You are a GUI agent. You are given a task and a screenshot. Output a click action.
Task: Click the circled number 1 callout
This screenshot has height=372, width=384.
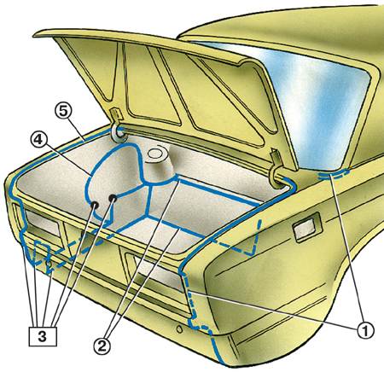[365, 330]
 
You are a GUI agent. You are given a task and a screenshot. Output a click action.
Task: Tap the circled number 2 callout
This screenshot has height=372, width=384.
[102, 346]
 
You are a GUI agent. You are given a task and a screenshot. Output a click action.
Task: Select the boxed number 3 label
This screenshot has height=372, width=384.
[43, 337]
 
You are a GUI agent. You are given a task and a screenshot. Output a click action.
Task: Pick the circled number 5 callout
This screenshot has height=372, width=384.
[63, 112]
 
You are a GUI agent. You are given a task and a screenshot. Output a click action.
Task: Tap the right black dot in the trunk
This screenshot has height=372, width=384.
[113, 197]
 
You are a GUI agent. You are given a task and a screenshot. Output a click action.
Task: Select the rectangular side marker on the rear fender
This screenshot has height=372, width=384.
[307, 227]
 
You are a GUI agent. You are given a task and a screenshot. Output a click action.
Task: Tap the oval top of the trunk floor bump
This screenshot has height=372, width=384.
[155, 154]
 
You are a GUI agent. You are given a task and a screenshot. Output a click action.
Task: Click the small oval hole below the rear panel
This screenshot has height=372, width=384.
[179, 329]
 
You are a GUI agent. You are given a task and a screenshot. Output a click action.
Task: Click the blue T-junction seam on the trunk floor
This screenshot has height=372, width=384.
[150, 186]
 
